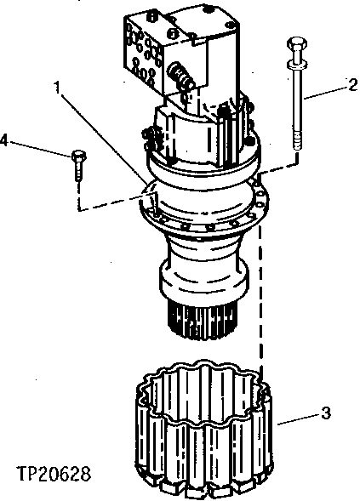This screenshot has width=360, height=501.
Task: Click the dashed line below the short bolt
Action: click(77, 196)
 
